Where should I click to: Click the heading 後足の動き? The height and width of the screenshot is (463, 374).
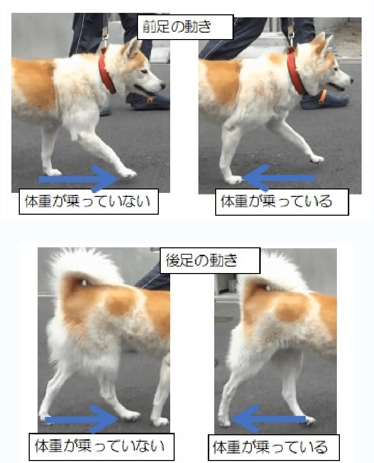(x=209, y=261)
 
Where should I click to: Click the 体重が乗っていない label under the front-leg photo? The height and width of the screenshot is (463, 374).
(x=88, y=201)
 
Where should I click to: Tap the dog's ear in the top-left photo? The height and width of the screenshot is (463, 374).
(x=133, y=49)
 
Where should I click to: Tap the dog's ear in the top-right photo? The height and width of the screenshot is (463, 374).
(x=322, y=44)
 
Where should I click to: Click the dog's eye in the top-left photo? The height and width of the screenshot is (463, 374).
(x=145, y=72)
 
